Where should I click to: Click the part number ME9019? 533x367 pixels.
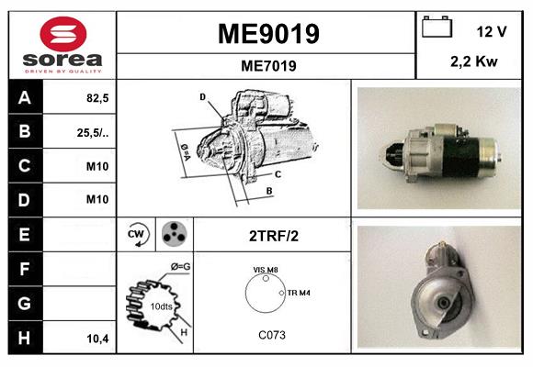[x=267, y=34]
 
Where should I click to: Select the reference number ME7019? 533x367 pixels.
[x=267, y=65]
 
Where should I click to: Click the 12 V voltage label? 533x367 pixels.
[x=492, y=31]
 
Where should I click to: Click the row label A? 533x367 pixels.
[x=24, y=98]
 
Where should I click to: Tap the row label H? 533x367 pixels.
[x=24, y=339]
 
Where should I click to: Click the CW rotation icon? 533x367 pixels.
[x=136, y=235]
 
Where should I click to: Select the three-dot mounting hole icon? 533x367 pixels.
[x=172, y=235]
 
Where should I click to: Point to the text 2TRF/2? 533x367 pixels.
[x=273, y=236]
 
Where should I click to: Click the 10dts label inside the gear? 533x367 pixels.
[x=160, y=306]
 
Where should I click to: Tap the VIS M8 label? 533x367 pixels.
[x=266, y=269]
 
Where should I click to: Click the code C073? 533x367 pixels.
[x=271, y=336]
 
